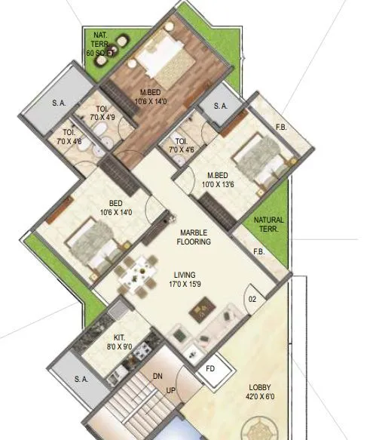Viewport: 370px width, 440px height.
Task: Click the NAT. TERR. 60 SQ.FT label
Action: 100,45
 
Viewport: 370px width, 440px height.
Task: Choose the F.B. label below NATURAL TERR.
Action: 258,252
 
